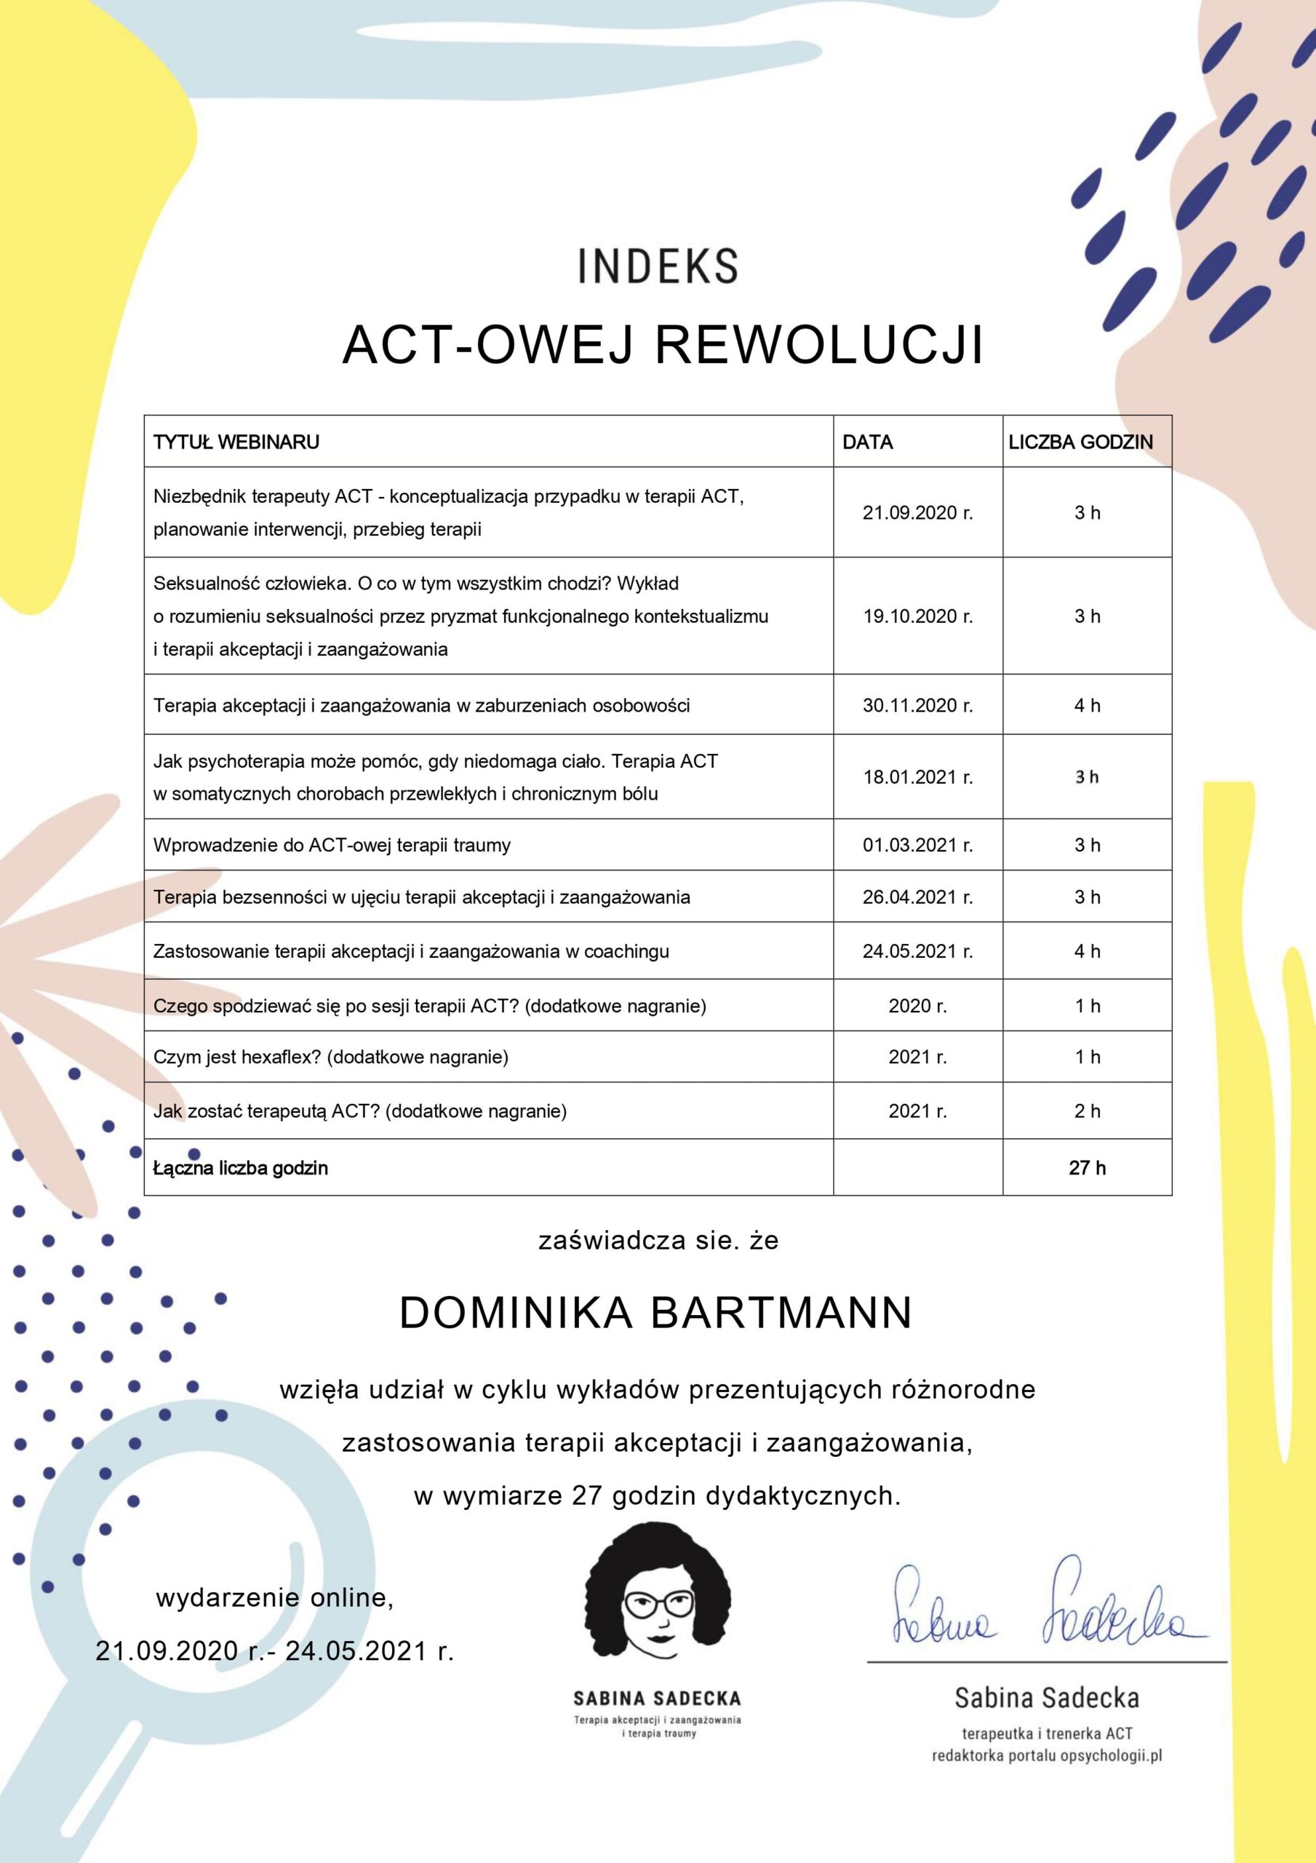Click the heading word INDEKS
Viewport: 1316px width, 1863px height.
tap(658, 266)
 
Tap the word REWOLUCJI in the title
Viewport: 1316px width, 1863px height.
tap(818, 345)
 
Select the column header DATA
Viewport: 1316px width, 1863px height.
tap(867, 442)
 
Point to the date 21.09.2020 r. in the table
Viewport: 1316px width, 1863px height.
tap(917, 513)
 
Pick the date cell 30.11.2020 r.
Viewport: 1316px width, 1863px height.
tap(917, 705)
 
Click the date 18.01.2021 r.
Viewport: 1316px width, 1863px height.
tap(917, 777)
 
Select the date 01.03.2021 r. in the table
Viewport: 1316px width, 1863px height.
tap(917, 846)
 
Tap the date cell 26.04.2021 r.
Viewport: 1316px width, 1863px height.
tap(917, 897)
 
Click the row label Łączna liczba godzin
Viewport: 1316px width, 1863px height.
tap(241, 1169)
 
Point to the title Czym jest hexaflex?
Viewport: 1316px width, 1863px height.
tap(238, 1057)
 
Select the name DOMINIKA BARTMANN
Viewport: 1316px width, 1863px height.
tap(656, 1313)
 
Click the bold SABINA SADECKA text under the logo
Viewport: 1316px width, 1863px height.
tap(657, 1699)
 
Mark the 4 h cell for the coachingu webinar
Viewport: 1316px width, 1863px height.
tap(1087, 951)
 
